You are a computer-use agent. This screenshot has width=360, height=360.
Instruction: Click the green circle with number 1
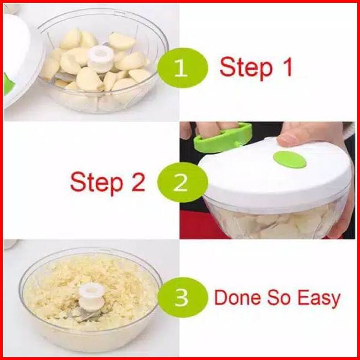coord(183,68)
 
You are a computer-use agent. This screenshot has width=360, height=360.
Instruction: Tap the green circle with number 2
coord(183,182)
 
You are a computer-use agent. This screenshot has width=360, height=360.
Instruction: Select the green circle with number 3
coord(183,297)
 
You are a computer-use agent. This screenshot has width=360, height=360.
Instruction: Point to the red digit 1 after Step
coord(287,67)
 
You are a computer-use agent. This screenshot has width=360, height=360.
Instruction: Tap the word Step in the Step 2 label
coord(96,184)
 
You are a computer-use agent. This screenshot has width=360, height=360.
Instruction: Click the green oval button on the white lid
coord(290,160)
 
